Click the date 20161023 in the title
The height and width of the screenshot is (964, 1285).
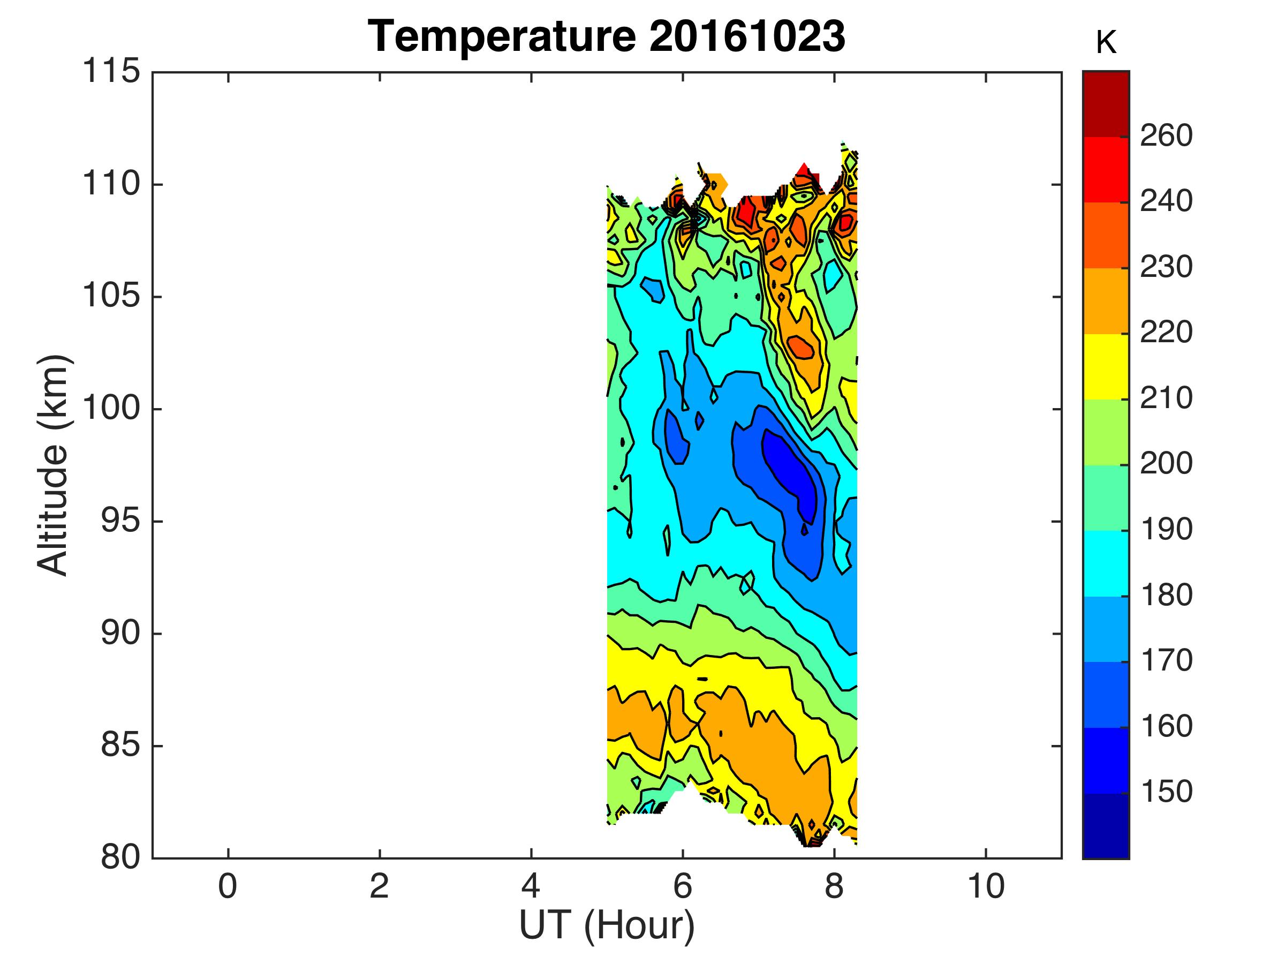[x=746, y=36]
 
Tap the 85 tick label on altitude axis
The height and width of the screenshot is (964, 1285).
[x=120, y=745]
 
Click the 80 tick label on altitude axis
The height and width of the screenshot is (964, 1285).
[x=120, y=857]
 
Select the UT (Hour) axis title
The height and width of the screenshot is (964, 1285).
[x=607, y=925]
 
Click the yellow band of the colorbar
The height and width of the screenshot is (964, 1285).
[x=1106, y=367]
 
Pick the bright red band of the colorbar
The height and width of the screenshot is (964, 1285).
[x=1106, y=170]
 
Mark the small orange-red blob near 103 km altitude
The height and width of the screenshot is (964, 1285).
[x=801, y=348]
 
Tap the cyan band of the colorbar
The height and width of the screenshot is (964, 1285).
[x=1106, y=563]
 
